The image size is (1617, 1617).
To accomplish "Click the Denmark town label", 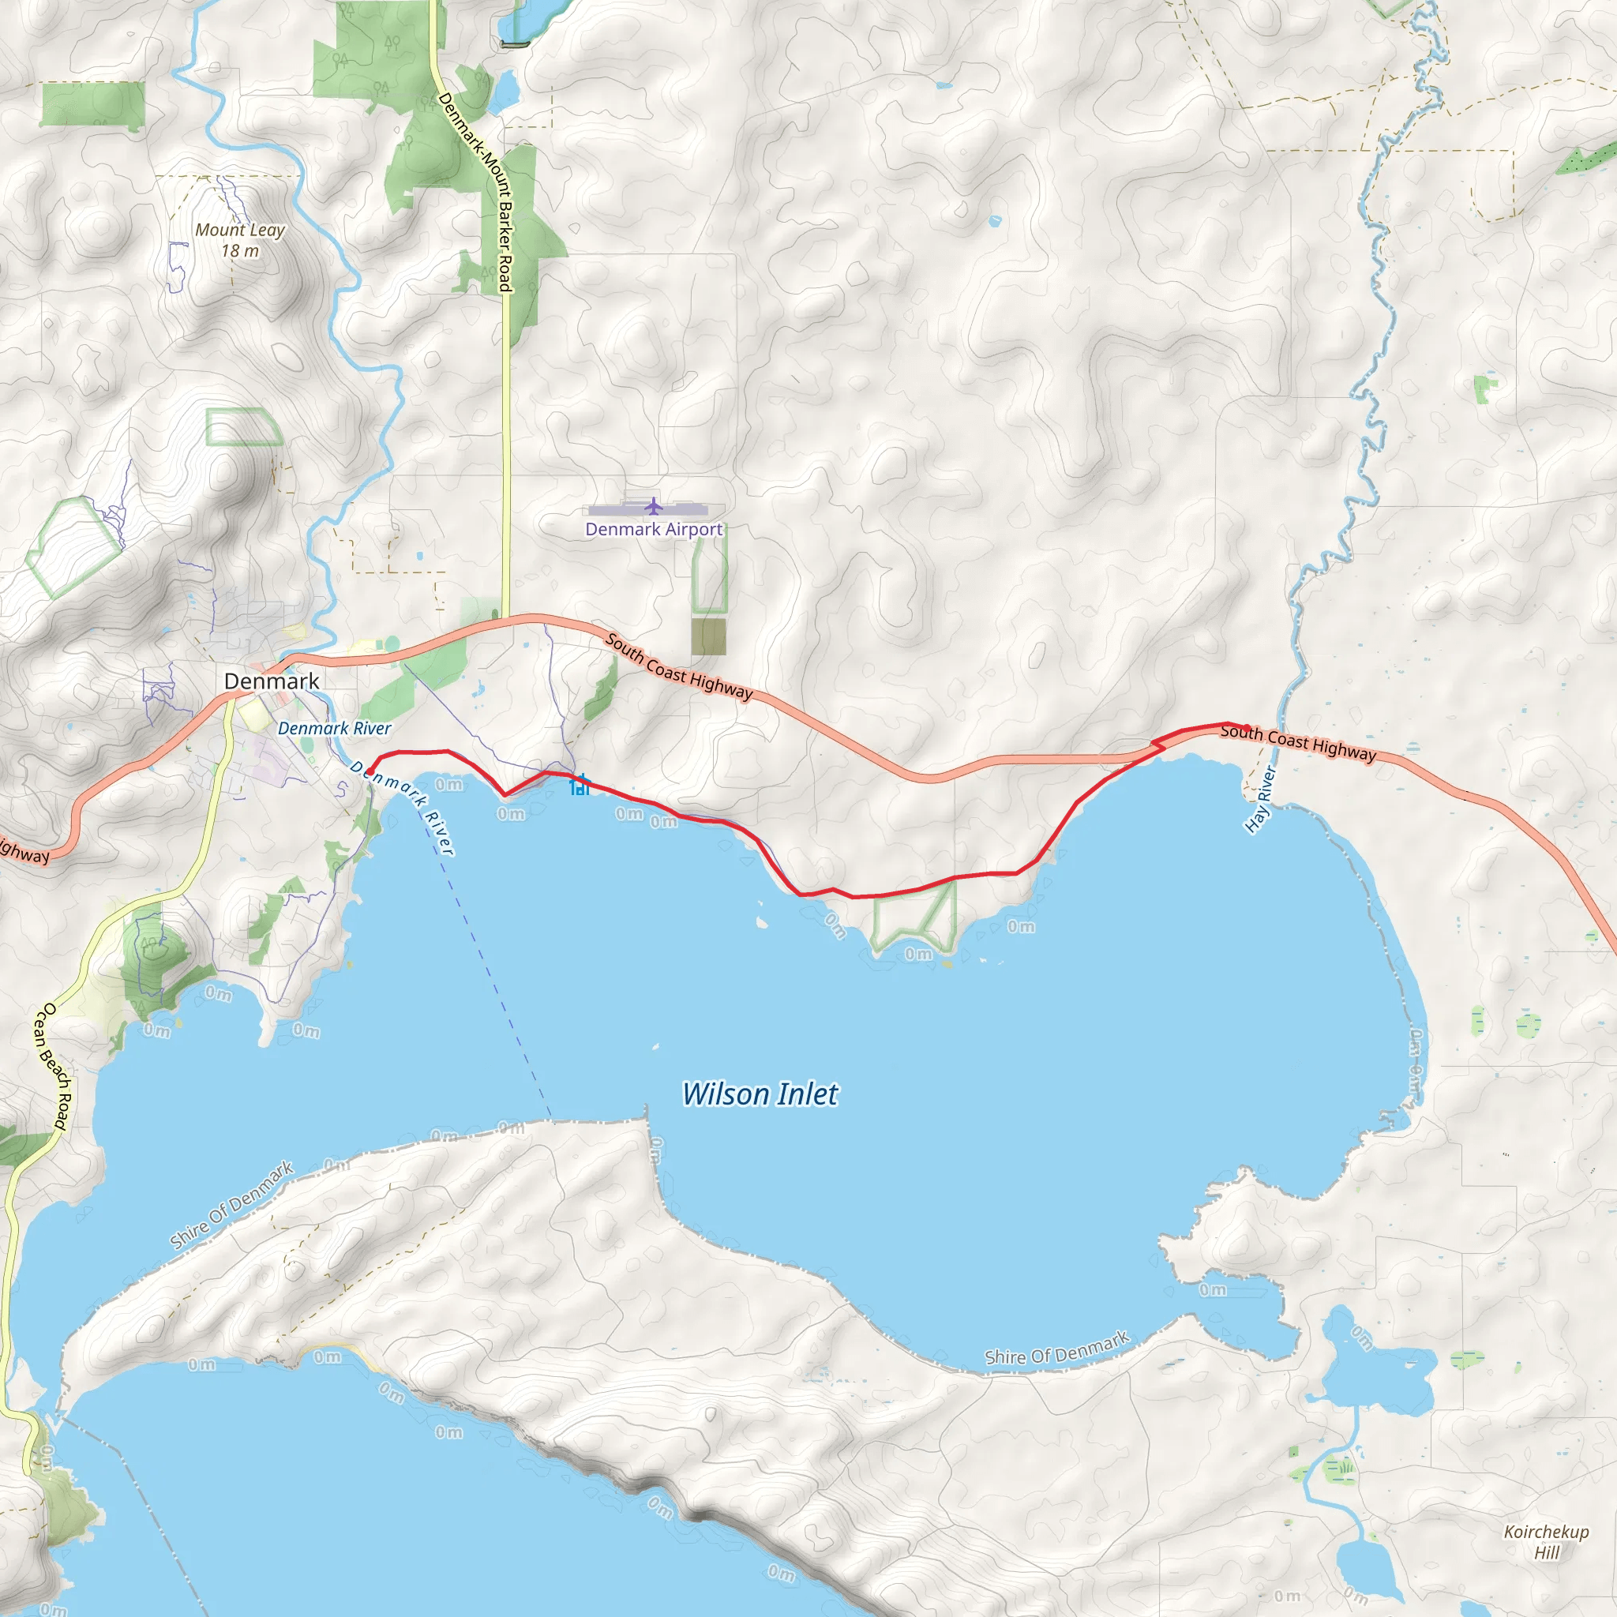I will (271, 681).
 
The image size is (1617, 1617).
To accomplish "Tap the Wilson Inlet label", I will (760, 1094).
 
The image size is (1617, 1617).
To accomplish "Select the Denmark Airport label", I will (654, 529).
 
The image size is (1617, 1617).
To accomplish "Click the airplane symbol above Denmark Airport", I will (654, 506).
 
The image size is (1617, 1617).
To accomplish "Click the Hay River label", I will (1259, 800).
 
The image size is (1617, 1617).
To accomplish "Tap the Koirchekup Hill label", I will (1546, 1542).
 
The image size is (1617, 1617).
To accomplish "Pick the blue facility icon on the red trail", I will (580, 785).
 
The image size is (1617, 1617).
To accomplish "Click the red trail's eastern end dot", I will (1247, 728).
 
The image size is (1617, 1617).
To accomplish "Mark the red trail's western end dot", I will (370, 771).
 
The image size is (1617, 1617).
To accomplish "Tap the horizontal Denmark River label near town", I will (334, 728).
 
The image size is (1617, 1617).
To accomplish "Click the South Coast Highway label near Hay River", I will (1297, 743).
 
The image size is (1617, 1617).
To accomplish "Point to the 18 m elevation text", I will (240, 251).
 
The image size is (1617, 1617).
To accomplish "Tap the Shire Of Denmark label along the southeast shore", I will (1057, 1349).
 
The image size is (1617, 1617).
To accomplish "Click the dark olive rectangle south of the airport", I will (708, 637).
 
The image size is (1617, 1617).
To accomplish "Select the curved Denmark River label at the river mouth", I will (403, 806).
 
